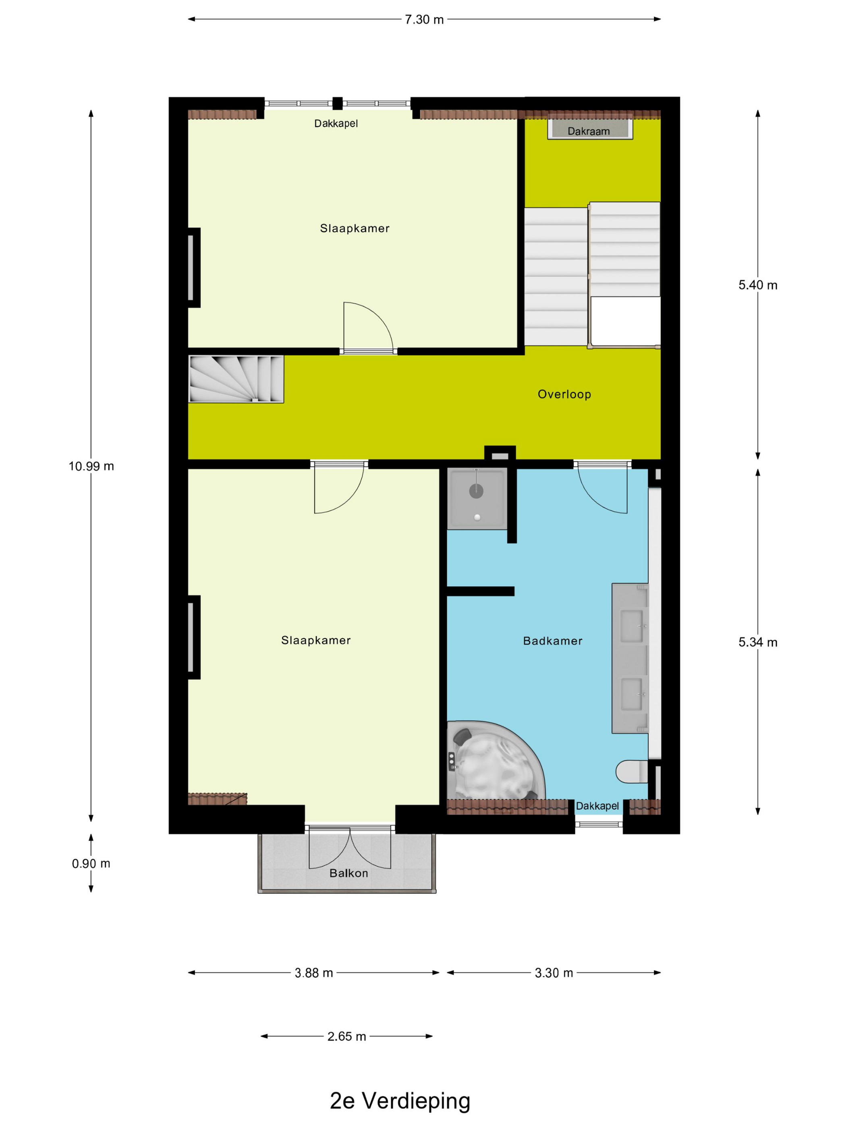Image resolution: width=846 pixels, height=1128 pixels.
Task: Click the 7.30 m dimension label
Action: tap(424, 20)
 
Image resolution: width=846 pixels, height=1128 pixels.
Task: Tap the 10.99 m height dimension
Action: tap(91, 466)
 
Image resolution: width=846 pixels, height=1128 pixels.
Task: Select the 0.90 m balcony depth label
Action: tap(91, 863)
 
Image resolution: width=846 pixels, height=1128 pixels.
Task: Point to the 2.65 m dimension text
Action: tap(347, 1036)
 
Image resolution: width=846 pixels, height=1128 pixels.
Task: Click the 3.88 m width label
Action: tap(313, 973)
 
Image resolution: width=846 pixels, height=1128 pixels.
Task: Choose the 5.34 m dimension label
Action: tap(758, 643)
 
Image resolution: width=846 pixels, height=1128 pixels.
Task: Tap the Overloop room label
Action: tap(564, 394)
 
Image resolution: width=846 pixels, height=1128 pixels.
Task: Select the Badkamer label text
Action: tap(553, 641)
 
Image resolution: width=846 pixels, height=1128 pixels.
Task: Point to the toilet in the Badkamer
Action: tap(631, 771)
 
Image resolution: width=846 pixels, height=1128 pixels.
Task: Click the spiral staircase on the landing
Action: tap(236, 379)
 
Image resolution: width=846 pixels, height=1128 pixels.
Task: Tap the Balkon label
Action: tap(349, 873)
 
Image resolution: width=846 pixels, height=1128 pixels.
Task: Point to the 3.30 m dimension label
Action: tap(554, 973)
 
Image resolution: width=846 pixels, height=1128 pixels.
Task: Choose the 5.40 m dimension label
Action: tap(758, 285)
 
